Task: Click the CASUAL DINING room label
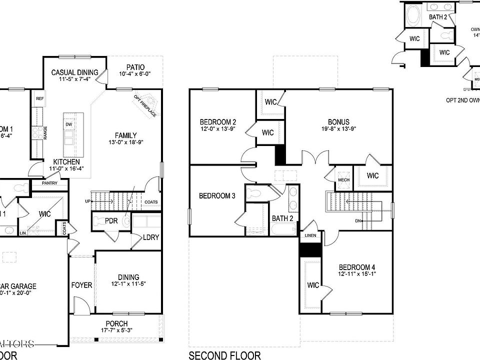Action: pos(75,72)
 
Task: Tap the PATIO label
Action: pos(135,67)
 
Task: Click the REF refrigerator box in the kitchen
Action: pos(39,99)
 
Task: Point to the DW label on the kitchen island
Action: pos(69,124)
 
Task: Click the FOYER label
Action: pos(81,285)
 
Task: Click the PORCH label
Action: pos(116,323)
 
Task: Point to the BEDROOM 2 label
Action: pos(217,122)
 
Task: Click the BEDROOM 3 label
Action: pos(217,195)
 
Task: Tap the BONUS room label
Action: pos(338,122)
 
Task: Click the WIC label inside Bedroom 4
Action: pos(313,285)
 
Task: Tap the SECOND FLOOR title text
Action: pos(224,355)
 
